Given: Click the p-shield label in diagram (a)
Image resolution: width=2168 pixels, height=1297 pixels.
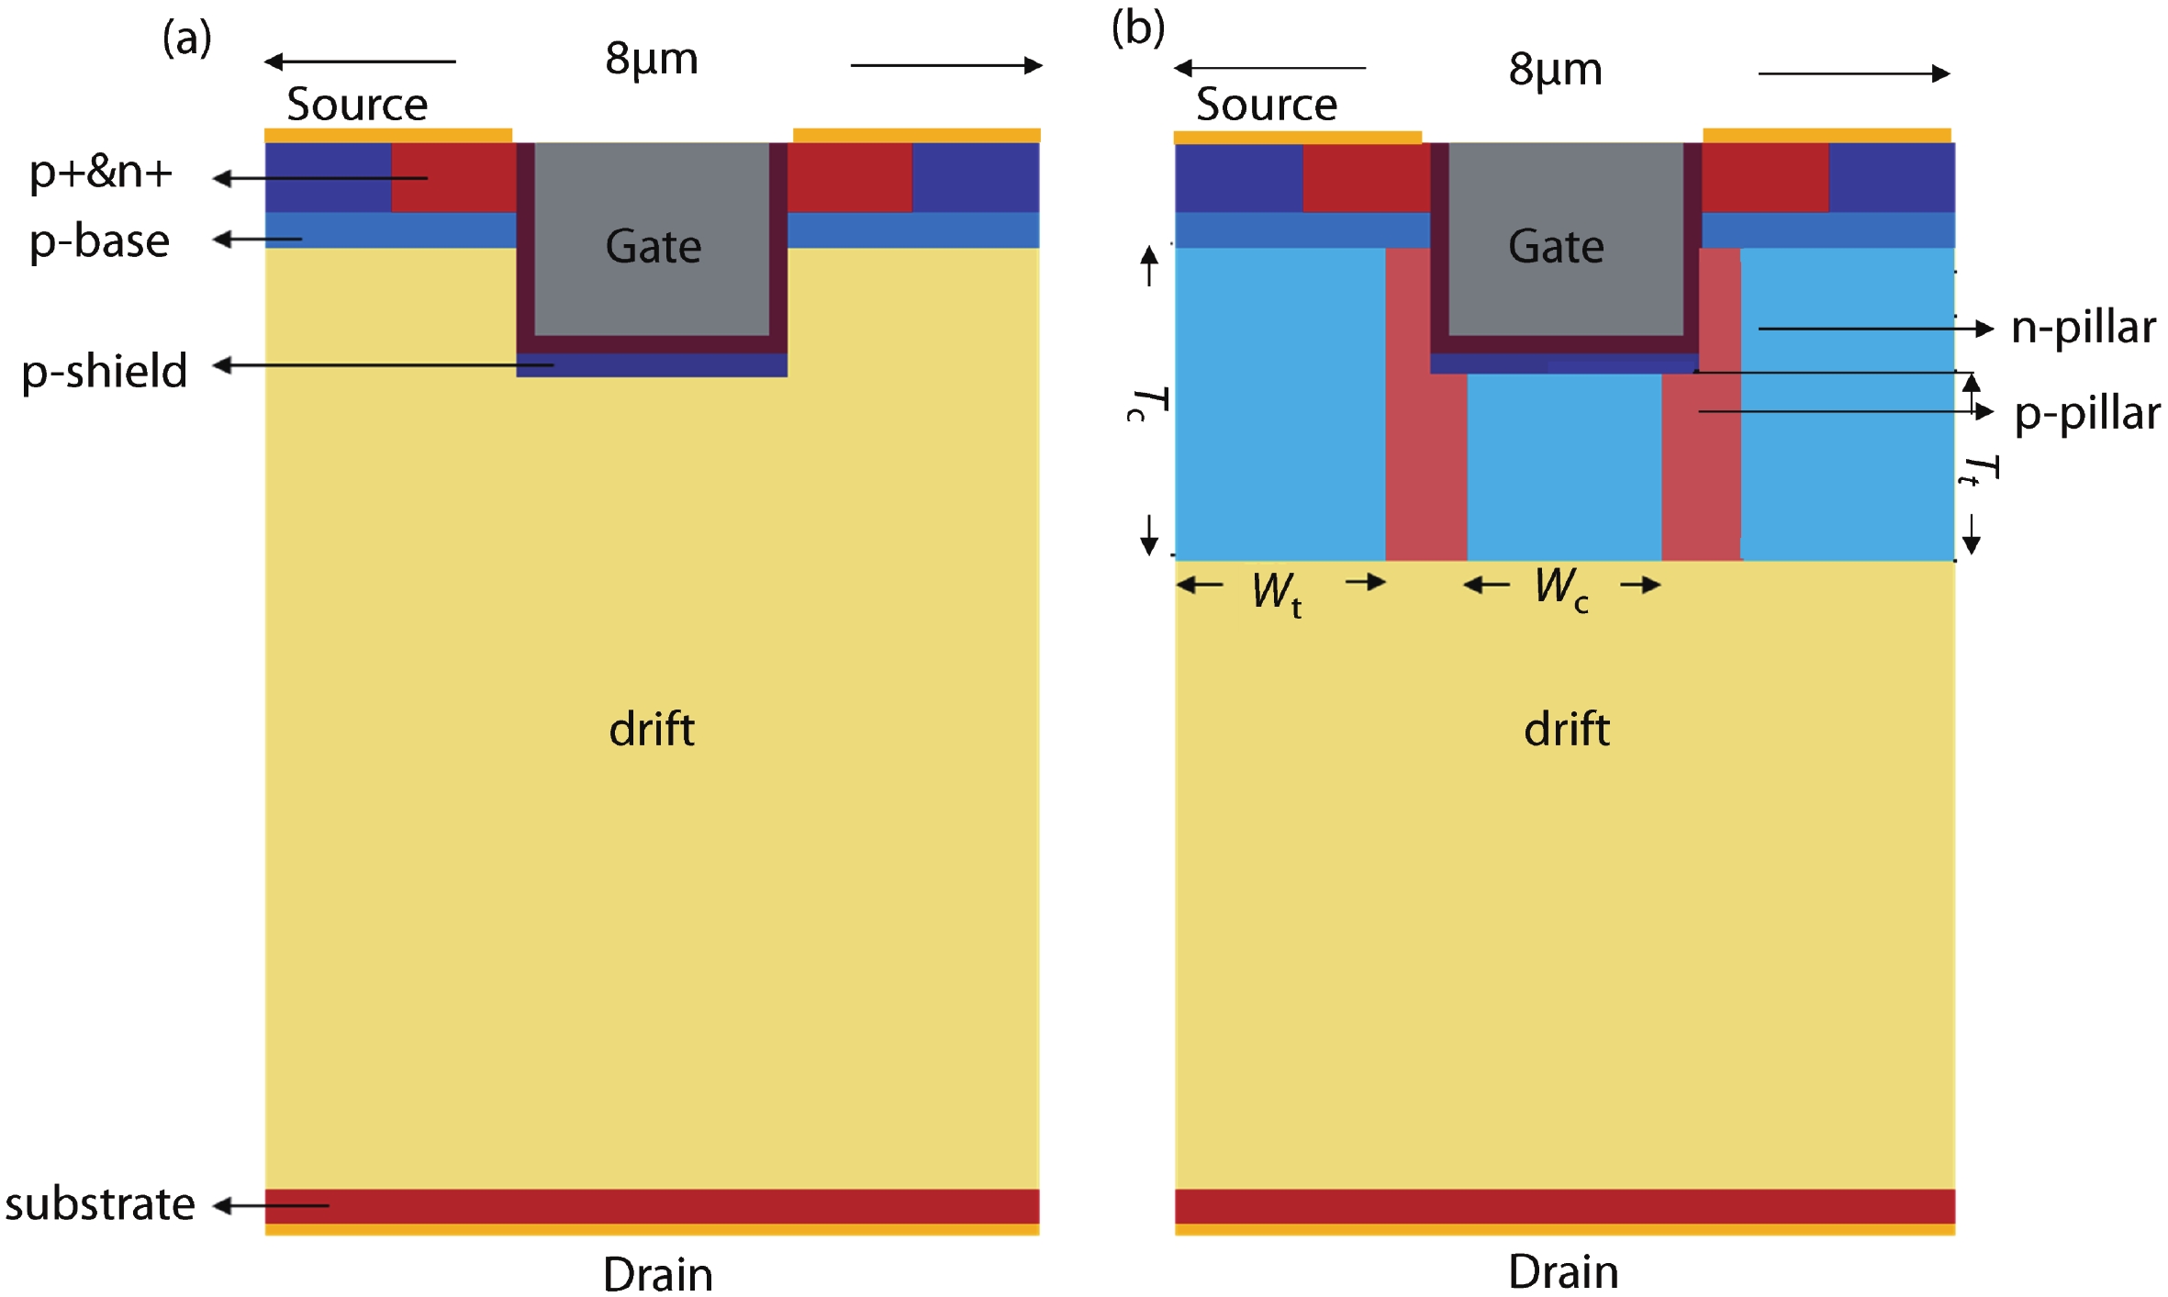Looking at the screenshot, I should [x=105, y=371].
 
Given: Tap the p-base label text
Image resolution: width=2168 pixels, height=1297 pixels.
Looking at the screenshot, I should [x=99, y=241].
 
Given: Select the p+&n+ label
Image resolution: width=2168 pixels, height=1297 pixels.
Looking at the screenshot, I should [x=101, y=173].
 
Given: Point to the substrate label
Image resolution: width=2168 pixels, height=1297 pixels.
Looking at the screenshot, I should [x=100, y=1203].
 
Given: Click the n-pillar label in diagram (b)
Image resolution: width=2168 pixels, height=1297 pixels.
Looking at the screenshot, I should [x=2083, y=328].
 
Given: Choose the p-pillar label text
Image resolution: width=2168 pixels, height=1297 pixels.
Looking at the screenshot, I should [x=2086, y=413].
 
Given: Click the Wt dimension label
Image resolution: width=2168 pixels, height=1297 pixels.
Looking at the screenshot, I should [x=1277, y=592].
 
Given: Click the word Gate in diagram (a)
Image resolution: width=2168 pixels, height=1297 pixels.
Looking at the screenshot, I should [x=654, y=247].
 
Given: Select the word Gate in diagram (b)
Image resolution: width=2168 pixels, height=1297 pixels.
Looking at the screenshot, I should [x=1556, y=247].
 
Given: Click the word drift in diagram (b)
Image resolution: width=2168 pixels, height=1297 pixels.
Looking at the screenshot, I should [x=1566, y=730].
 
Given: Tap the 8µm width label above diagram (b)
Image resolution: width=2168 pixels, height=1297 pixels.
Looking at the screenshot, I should [x=1555, y=70].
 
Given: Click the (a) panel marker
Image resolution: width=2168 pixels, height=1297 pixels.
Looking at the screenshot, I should [x=186, y=39].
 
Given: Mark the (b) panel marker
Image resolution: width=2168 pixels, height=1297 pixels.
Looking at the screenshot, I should [x=1137, y=28].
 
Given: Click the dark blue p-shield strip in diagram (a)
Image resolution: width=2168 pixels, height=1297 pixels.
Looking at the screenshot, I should [x=652, y=366].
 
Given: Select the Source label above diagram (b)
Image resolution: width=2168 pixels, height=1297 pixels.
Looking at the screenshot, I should [x=1267, y=105].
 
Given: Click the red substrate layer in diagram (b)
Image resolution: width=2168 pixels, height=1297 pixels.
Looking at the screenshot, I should [x=1564, y=1206].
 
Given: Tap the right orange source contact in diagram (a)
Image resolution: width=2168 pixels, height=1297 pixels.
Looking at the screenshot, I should [x=916, y=136].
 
